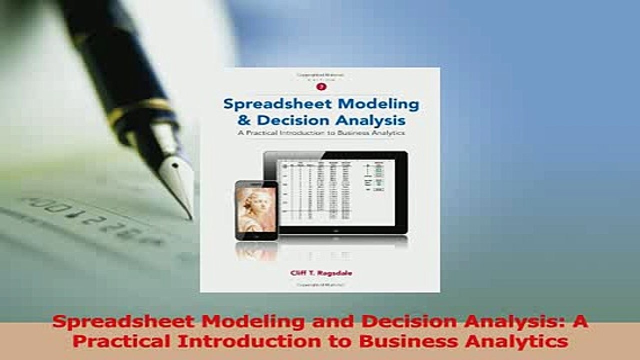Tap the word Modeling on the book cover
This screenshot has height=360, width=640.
[373, 104]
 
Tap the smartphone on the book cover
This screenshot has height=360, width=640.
[256, 210]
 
